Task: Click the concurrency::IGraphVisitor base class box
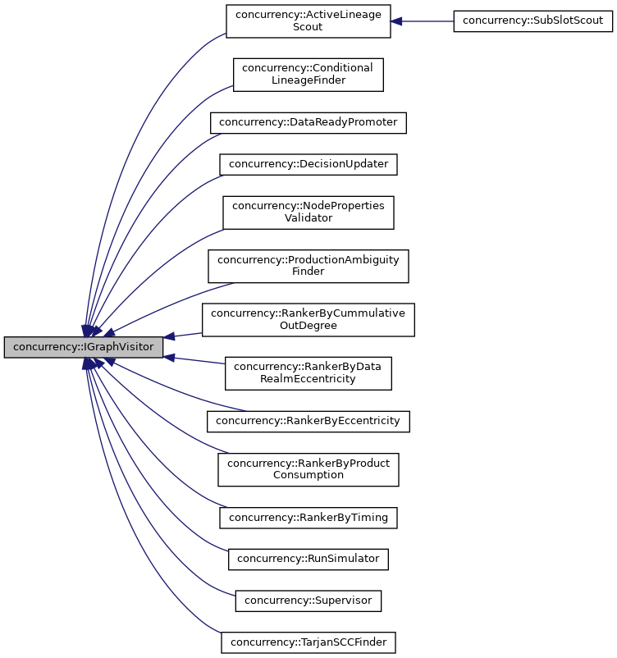coord(84,347)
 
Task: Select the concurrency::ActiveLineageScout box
coord(308,21)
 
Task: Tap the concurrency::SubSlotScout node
coord(533,21)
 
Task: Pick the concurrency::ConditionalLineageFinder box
coord(308,74)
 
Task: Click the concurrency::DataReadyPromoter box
coord(308,122)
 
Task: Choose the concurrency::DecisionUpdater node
coord(308,163)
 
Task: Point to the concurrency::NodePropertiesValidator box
coord(308,212)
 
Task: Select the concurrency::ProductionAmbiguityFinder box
coord(308,266)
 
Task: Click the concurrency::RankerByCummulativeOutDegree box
coord(308,319)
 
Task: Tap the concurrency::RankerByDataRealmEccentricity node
coord(308,372)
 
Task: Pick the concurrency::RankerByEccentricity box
coord(308,421)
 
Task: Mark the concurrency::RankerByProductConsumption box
coord(308,469)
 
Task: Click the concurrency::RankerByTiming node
coord(308,518)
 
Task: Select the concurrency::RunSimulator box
coord(308,559)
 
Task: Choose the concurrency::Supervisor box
coord(308,601)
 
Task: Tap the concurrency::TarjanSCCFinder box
coord(308,642)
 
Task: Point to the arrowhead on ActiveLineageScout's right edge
coord(396,21)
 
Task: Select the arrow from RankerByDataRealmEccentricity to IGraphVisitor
coord(197,361)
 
